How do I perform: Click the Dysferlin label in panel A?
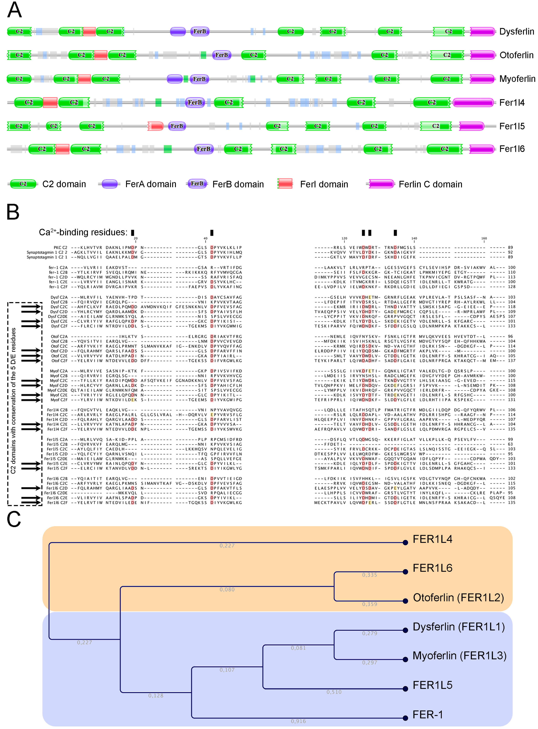516,32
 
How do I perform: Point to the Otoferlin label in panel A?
516,55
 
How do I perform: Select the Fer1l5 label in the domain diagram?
512,126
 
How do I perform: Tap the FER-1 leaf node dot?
405,718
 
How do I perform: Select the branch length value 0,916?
298,721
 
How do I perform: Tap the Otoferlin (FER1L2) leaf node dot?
405,601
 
